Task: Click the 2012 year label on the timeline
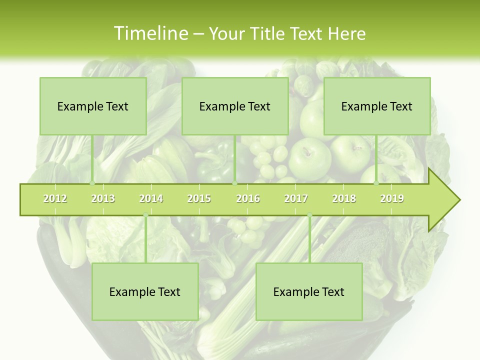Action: tap(55, 198)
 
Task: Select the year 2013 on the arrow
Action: tap(103, 198)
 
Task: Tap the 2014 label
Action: tap(151, 198)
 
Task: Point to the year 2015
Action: tap(199, 198)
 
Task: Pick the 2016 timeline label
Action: tap(248, 198)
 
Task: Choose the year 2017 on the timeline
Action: tap(296, 198)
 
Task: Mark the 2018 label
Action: tap(344, 198)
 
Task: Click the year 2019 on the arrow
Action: tap(392, 198)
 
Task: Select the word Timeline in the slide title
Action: tap(149, 33)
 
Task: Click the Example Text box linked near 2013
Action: tap(93, 106)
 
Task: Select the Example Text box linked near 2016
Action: tap(235, 106)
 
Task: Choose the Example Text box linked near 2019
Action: tap(377, 106)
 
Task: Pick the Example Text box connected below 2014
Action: tap(145, 291)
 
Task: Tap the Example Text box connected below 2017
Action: tap(309, 291)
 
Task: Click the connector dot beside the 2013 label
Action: tap(92, 183)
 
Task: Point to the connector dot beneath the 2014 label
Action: tap(145, 215)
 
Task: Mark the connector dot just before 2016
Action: tap(234, 183)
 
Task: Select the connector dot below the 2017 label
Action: tap(309, 215)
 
